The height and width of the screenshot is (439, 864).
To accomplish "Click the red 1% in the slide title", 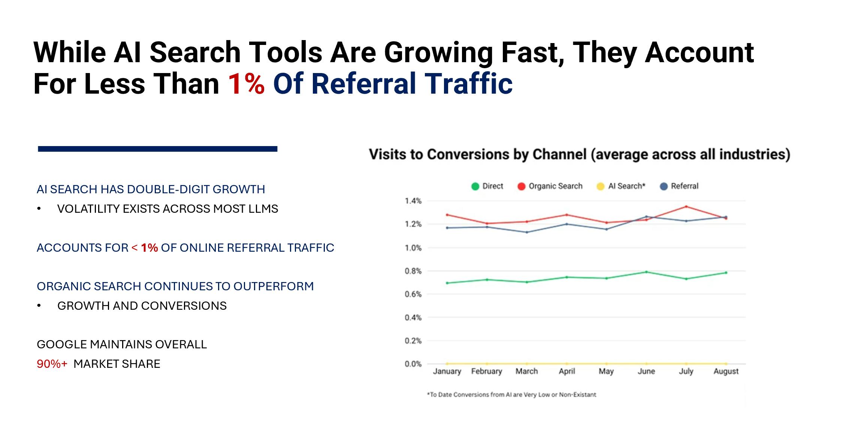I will pyautogui.click(x=246, y=84).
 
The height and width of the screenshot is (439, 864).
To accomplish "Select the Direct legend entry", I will pyautogui.click(x=487, y=186).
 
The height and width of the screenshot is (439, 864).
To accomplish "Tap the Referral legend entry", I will pyautogui.click(x=679, y=186).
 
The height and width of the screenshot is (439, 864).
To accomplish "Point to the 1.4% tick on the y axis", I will pyautogui.click(x=413, y=201).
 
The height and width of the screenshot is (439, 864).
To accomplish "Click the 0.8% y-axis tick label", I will pyautogui.click(x=413, y=271).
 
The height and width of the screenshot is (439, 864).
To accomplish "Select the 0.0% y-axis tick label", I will pyautogui.click(x=413, y=364).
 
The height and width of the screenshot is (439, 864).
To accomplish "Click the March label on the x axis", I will pyautogui.click(x=526, y=371).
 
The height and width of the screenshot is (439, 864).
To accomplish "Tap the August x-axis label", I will pyautogui.click(x=726, y=371).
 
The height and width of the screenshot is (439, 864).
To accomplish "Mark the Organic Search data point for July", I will pyautogui.click(x=686, y=206).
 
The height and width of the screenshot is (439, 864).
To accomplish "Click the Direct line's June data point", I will pyautogui.click(x=646, y=272).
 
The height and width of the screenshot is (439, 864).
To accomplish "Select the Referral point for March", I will pyautogui.click(x=527, y=232).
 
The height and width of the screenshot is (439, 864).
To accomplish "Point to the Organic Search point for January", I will pyautogui.click(x=447, y=215).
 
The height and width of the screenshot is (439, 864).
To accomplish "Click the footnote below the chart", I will pyautogui.click(x=511, y=394).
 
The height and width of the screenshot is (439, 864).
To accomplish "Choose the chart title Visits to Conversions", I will pyautogui.click(x=579, y=154).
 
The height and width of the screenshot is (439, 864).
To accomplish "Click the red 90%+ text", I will pyautogui.click(x=52, y=364).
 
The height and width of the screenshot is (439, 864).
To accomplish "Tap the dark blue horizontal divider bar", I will pyautogui.click(x=157, y=149).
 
